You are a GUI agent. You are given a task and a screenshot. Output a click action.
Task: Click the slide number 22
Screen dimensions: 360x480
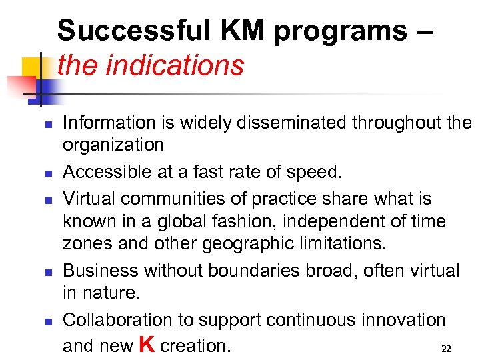click(447, 349)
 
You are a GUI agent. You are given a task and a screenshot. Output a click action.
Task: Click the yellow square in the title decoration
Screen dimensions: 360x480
click(32, 68)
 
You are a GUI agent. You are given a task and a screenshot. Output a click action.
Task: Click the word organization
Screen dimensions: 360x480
click(113, 145)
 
